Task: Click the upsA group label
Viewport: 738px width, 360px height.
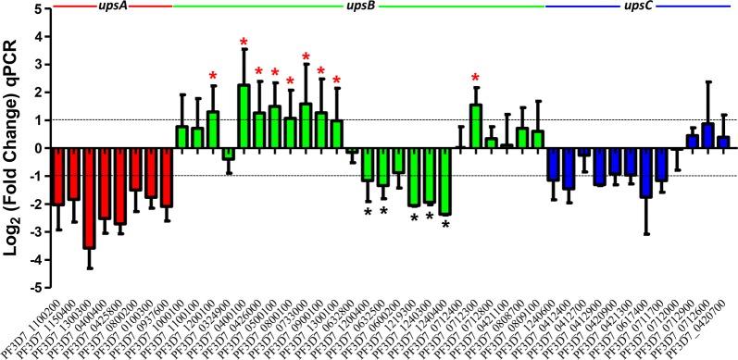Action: click(113, 7)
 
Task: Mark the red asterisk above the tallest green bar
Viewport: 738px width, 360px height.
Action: click(244, 42)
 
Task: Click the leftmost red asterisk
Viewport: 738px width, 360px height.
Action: click(213, 76)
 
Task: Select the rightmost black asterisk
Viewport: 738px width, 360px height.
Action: click(445, 224)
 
